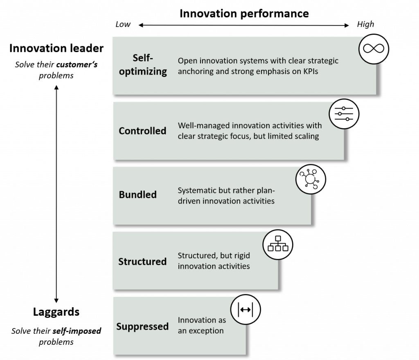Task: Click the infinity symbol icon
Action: pyautogui.click(x=373, y=49)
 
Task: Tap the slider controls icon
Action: pyautogui.click(x=344, y=114)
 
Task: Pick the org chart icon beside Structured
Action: pyautogui.click(x=277, y=245)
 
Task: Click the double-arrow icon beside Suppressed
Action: pyautogui.click(x=245, y=310)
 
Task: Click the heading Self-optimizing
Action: pyautogui.click(x=143, y=65)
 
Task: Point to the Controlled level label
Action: pyautogui.click(x=142, y=131)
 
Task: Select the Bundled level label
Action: pyautogui.click(x=137, y=195)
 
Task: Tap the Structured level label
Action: pyautogui.click(x=142, y=261)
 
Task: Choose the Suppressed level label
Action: pyautogui.click(x=142, y=326)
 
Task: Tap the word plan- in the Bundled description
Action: pyautogui.click(x=266, y=190)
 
